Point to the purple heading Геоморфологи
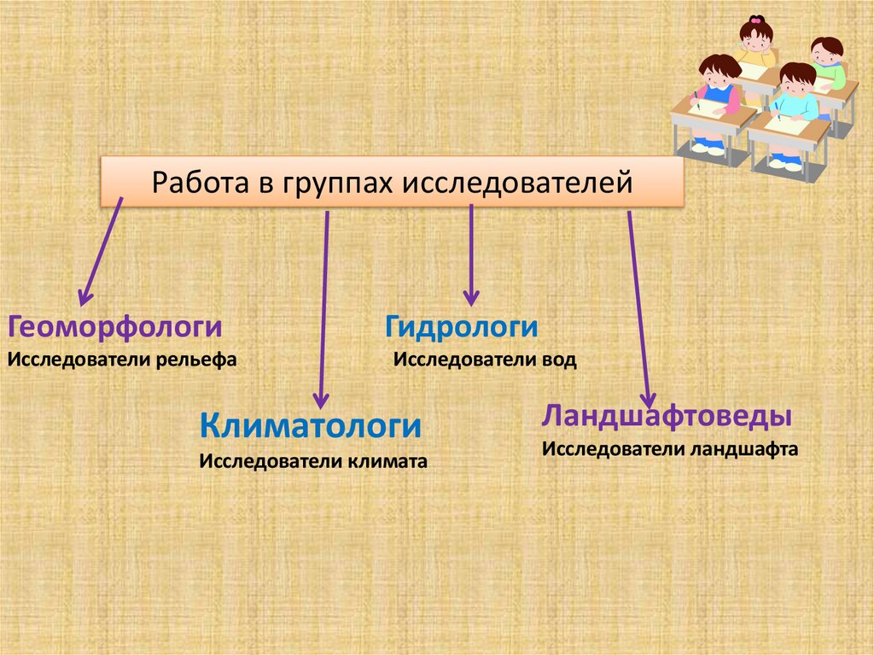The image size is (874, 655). [x=115, y=327]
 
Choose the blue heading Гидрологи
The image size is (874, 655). [x=461, y=327]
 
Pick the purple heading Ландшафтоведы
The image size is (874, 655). [x=667, y=418]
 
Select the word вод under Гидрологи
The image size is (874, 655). [x=557, y=360]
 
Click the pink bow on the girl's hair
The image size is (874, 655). [x=755, y=20]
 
